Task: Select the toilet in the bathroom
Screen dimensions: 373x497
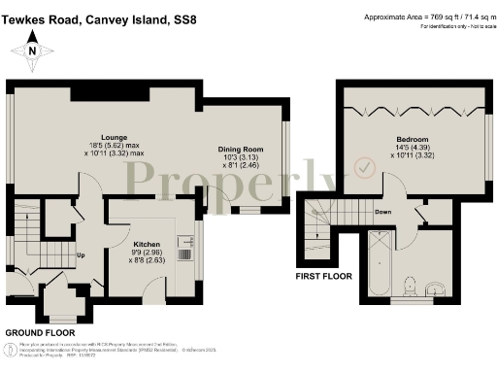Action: click(412, 286)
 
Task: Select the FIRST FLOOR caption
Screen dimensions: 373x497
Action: click(326, 276)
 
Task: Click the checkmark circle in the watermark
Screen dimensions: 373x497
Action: click(364, 168)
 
